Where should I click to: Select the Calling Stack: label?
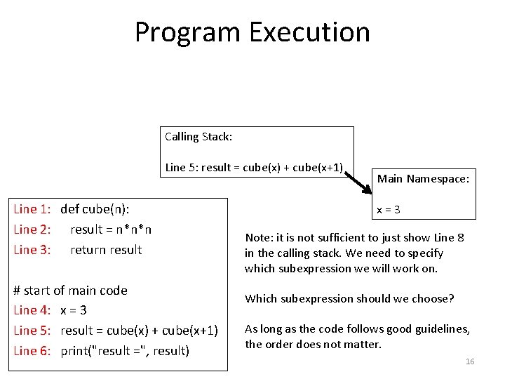[198, 137]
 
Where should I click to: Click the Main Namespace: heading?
[423, 179]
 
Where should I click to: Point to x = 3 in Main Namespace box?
[388, 209]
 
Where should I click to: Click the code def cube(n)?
[95, 208]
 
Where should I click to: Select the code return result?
[106, 250]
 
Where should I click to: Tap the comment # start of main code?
[71, 291]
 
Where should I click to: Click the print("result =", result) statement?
[125, 351]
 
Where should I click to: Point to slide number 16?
[470, 361]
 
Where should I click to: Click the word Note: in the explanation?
[257, 238]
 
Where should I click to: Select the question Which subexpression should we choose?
[349, 299]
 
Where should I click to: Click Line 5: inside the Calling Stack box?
[180, 168]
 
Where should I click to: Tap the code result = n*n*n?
[111, 230]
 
